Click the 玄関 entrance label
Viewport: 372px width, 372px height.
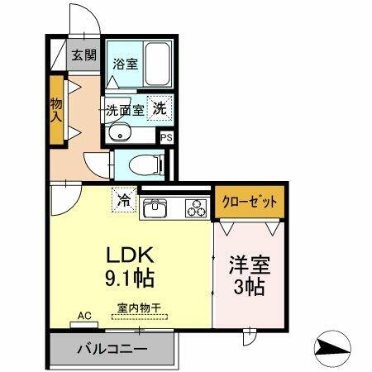(83, 56)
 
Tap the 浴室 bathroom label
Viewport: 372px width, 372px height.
(125, 63)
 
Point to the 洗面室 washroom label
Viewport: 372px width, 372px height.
(125, 108)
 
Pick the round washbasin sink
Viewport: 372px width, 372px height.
(121, 131)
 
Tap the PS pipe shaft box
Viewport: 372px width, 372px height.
(166, 138)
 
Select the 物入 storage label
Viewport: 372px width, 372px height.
(56, 108)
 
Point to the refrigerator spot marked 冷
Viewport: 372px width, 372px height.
(123, 199)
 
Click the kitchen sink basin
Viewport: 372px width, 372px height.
(155, 210)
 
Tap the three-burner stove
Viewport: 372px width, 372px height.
(196, 209)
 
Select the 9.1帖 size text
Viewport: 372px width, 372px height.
(129, 274)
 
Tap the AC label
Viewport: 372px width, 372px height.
(83, 315)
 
